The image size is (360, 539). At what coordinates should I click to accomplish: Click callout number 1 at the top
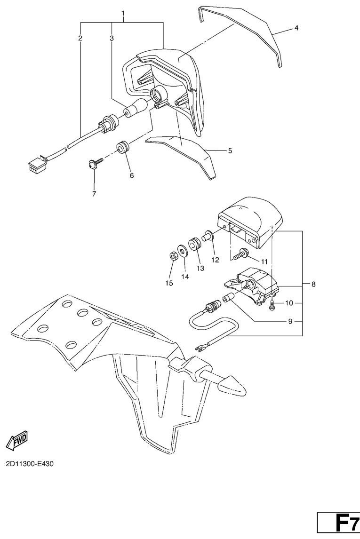(123, 14)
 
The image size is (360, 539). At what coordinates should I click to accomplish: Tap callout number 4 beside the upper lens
(296, 28)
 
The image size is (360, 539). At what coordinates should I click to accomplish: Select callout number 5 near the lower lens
(230, 151)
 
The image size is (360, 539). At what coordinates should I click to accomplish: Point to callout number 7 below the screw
(94, 193)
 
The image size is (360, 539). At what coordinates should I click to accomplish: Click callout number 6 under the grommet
(132, 175)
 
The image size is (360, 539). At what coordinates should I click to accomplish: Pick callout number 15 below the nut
(169, 283)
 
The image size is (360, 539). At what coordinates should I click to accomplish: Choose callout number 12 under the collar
(215, 260)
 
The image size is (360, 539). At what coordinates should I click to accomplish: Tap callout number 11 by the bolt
(264, 261)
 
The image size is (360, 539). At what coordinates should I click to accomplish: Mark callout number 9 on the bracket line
(290, 322)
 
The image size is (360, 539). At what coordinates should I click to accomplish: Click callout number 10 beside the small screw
(289, 302)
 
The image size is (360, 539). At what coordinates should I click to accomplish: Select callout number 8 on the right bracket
(313, 284)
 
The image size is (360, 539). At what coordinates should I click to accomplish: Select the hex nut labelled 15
(172, 256)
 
